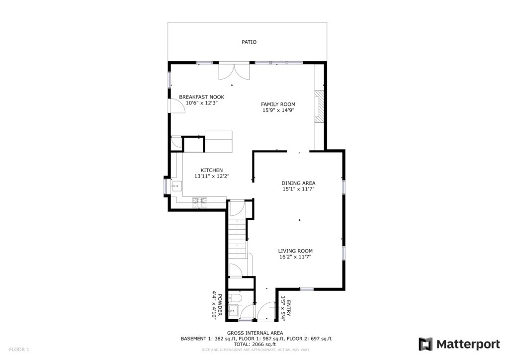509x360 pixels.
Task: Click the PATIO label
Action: click(x=249, y=42)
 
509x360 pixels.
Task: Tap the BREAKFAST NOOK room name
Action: click(x=202, y=97)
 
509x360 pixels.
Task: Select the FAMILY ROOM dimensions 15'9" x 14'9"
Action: click(x=278, y=110)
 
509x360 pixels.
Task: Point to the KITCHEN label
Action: click(x=212, y=170)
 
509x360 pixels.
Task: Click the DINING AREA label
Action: click(x=298, y=183)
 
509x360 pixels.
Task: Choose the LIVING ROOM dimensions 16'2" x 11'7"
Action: click(x=295, y=257)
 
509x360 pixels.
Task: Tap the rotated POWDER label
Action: click(x=220, y=305)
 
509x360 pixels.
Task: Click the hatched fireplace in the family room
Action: click(x=319, y=106)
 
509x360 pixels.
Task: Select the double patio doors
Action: click(x=234, y=72)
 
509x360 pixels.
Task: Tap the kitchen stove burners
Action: click(x=200, y=202)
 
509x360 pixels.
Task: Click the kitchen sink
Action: click(x=177, y=186)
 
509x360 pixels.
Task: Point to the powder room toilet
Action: click(x=234, y=298)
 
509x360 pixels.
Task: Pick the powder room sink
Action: click(x=233, y=311)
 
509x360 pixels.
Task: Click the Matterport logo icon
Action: click(x=425, y=344)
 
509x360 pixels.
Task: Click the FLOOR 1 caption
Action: click(x=19, y=350)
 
